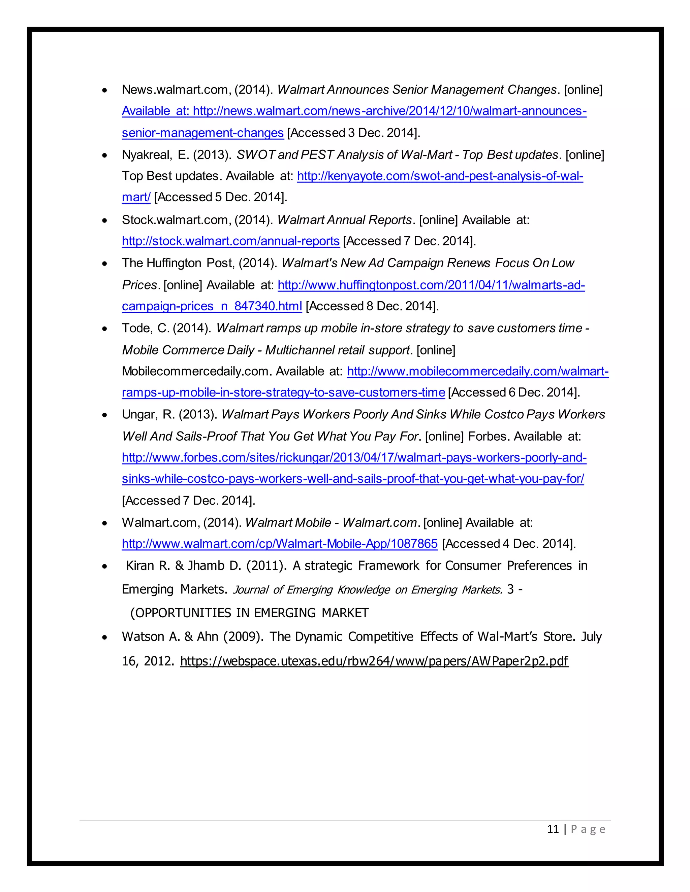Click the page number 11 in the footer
553,829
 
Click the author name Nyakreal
146,155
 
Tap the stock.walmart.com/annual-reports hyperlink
230,241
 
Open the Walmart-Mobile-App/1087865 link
280,544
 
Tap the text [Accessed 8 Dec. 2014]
372,306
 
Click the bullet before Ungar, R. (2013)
105,415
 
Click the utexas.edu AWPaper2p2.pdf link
374,661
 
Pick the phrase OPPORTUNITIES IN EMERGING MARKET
249,613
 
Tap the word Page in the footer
588,829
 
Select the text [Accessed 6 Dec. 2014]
514,392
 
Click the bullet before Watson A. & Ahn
105,637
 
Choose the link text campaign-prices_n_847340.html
212,306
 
